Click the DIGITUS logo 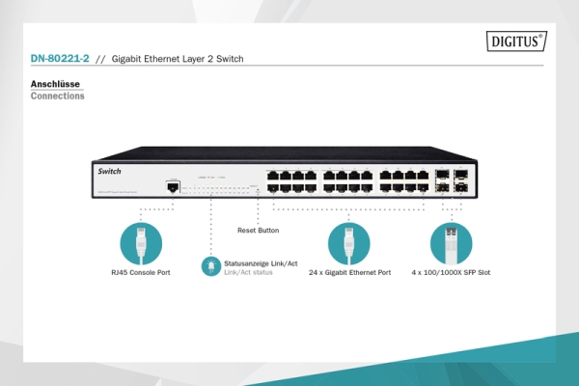coord(517,41)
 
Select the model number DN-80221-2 coord(61,59)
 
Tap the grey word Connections coord(57,96)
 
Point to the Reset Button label coord(258,231)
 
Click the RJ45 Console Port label coord(140,273)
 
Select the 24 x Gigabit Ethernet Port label coord(349,273)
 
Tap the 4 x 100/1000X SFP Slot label coord(451,273)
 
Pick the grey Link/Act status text coord(248,272)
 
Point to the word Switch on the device coord(109,170)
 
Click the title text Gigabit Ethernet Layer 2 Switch coord(178,59)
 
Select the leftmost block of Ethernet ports coord(291,181)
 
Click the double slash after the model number coord(100,59)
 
